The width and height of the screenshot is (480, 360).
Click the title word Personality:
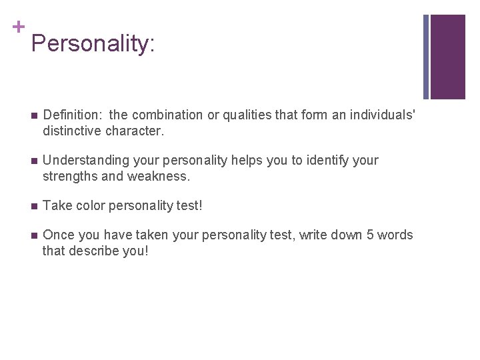point(93,45)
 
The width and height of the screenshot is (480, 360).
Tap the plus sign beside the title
point(19,27)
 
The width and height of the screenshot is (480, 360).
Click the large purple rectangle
point(448,57)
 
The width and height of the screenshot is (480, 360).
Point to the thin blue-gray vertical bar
point(427,57)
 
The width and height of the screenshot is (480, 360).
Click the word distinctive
point(75,131)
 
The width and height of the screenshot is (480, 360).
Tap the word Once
point(58,235)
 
